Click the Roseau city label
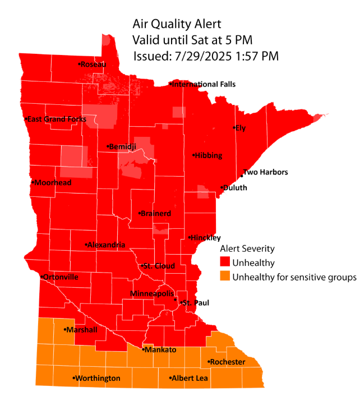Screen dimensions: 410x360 (x=94, y=65)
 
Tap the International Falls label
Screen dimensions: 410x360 (x=204, y=85)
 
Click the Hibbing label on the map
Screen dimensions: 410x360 (x=209, y=155)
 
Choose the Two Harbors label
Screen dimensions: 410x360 (x=265, y=172)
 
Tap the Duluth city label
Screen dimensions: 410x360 (x=236, y=188)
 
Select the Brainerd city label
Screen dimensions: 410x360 (x=156, y=214)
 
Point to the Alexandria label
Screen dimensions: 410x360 (x=107, y=245)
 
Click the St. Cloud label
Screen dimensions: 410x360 (x=159, y=266)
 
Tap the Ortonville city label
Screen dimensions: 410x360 (x=62, y=277)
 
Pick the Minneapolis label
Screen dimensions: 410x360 (x=152, y=294)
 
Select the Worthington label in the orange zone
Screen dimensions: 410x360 (x=98, y=379)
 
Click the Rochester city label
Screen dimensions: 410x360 (x=227, y=362)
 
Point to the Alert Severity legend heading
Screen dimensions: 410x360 (x=247, y=248)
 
